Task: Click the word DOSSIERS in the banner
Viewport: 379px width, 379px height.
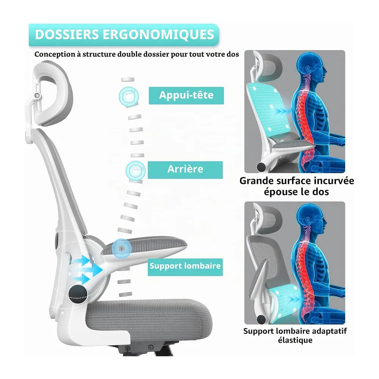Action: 67,34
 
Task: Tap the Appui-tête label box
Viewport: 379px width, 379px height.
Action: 186,96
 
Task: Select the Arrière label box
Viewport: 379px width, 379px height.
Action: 185,170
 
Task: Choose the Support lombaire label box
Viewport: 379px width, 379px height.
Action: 185,267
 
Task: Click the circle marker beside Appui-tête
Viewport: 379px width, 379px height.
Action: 129,96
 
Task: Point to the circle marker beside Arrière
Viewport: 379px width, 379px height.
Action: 136,171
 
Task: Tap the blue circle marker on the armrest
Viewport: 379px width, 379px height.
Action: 122,248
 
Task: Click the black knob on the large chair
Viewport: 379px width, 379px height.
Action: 78,293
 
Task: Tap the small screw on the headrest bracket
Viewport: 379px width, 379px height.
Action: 37,95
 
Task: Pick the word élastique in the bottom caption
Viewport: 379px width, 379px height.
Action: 295,340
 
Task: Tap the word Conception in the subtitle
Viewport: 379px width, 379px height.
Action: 55,54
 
